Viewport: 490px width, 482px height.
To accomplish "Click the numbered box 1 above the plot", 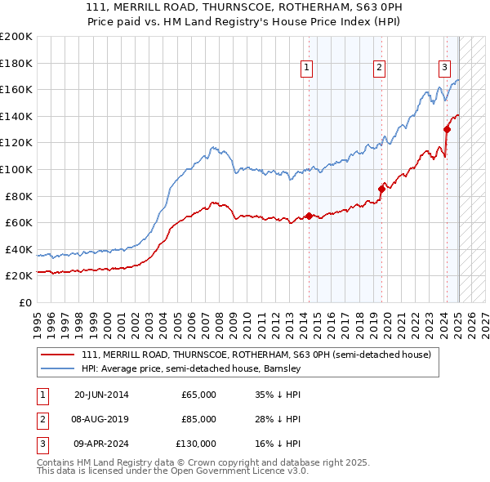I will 306,68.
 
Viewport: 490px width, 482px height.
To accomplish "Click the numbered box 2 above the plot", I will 380,68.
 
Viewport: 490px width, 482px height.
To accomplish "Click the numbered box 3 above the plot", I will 444,68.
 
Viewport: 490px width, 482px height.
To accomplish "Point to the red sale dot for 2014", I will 309,216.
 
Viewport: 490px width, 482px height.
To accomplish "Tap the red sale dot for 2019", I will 381,189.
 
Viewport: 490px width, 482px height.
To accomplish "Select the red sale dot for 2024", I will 447,129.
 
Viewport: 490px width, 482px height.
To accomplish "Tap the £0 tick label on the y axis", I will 24,302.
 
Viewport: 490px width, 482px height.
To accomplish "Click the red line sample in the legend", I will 59,355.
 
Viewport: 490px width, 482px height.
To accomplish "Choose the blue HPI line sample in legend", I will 59,368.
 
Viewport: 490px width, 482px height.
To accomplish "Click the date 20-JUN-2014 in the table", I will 101,395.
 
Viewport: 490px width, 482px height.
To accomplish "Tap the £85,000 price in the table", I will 198,419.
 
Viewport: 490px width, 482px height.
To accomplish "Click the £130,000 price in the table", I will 196,444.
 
